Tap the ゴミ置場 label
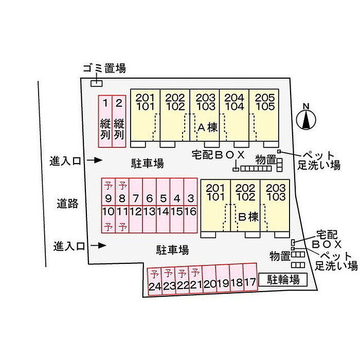point(104,68)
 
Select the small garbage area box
point(97,83)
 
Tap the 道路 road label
point(67,204)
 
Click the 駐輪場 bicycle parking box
point(282,279)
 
